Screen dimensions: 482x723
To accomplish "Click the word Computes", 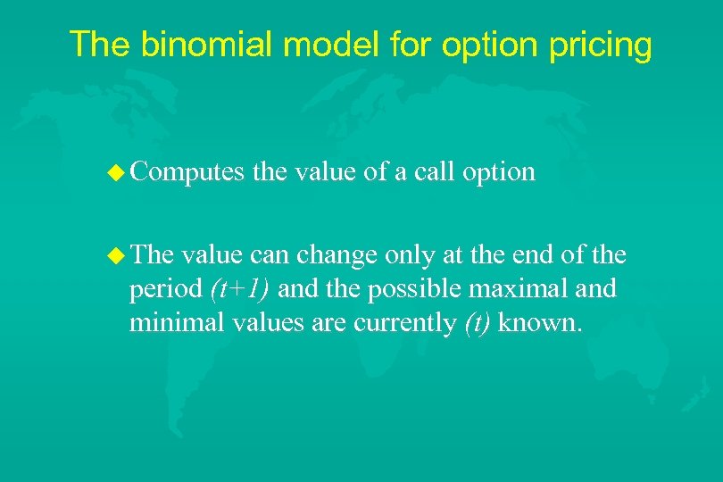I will pos(186,171).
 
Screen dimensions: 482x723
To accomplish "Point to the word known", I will pos(539,322).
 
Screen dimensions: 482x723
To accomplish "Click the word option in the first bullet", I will pos(499,171).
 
